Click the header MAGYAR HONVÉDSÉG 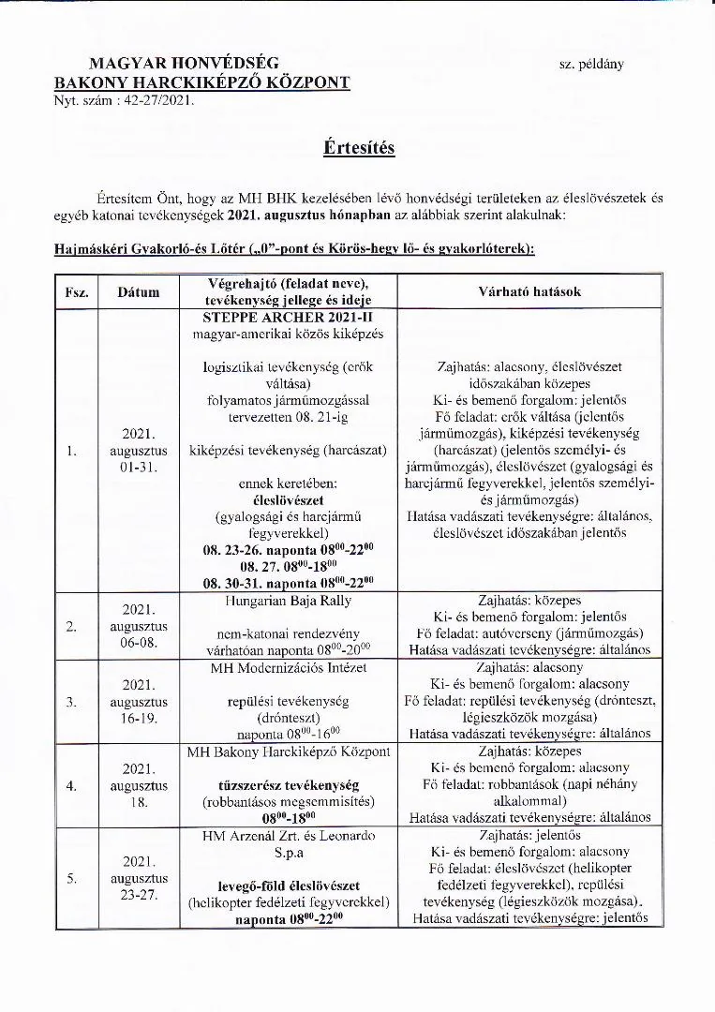pos(184,64)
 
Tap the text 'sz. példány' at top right pos(590,65)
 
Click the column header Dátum pos(138,292)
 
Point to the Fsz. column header pos(77,292)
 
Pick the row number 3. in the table pos(72,701)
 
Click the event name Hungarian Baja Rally pos(288,600)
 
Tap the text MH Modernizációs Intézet pos(288,667)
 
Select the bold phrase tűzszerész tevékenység pos(288,784)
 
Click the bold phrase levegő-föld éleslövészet pos(288,885)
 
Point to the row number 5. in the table pos(72,878)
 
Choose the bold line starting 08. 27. pos(288,567)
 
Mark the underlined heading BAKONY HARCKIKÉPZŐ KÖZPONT pos(202,82)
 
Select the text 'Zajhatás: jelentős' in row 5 pos(530,835)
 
